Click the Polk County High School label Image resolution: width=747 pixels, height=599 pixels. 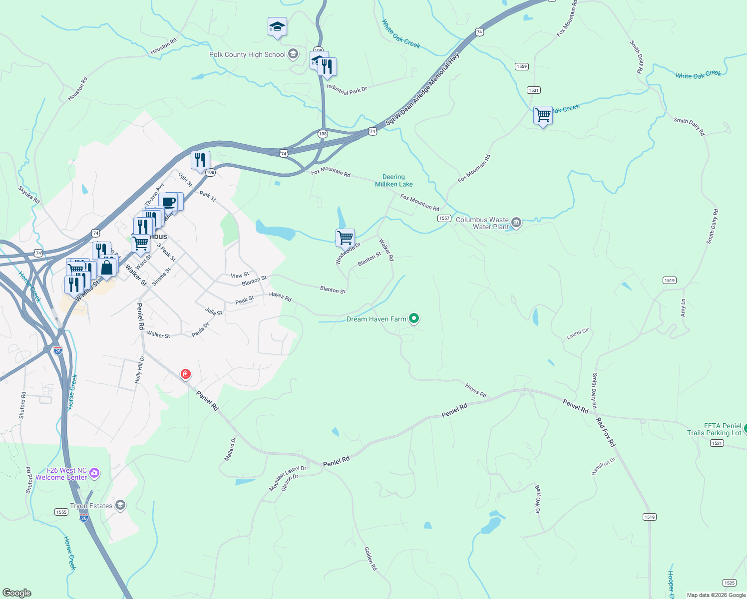coord(247,55)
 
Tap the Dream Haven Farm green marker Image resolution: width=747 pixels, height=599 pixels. coord(413,318)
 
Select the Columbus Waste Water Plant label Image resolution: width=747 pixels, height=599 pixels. coord(482,223)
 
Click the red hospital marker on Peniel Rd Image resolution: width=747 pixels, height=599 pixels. coord(186,374)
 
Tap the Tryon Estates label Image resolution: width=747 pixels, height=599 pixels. coord(91,506)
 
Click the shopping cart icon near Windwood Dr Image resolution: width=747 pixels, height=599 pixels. coord(345,238)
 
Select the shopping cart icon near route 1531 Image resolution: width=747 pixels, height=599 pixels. coord(543,115)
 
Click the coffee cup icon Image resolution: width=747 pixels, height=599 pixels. coord(169,202)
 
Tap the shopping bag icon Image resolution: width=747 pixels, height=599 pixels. coord(107,268)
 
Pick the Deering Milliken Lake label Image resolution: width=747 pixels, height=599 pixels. coord(393,180)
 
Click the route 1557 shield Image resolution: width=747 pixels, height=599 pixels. coord(444,218)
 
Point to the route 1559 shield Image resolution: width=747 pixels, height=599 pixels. coord(522,66)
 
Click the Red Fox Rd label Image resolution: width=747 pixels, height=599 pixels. coord(606,432)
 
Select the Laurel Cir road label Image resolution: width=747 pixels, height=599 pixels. coord(578,333)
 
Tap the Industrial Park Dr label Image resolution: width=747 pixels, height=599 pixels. coord(347,89)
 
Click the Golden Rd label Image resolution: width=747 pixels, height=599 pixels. coord(371,559)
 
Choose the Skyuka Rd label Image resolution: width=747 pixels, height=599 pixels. coord(29,195)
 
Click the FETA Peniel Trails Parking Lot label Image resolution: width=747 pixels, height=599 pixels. coord(714,429)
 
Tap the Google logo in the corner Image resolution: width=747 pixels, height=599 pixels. coord(17,593)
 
